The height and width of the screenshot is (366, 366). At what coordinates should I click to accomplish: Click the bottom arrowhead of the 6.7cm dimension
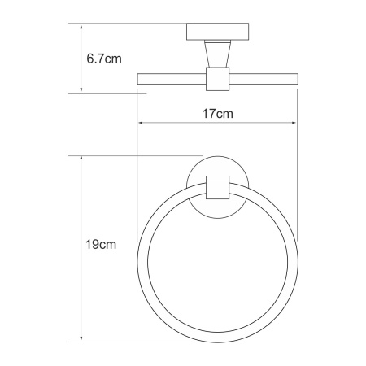[81, 89]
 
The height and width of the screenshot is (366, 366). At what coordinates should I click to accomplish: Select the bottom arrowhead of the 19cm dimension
[81, 338]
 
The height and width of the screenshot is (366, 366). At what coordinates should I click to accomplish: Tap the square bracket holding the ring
[217, 187]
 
